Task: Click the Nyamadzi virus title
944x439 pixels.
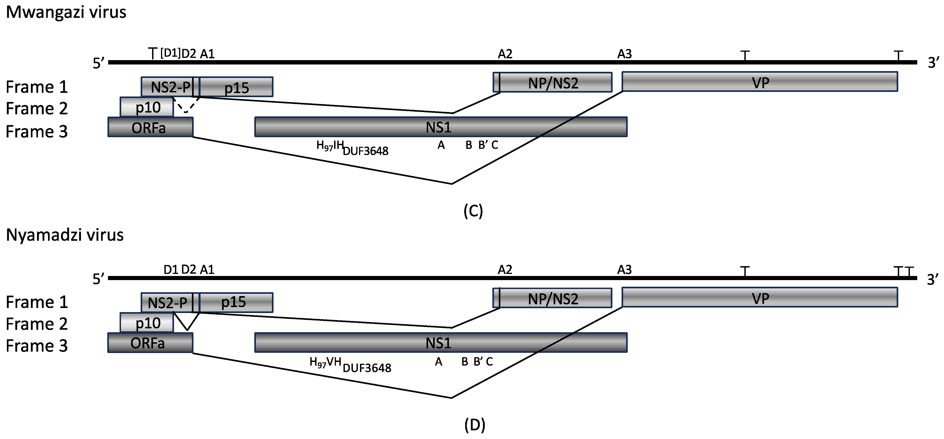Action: pos(65,235)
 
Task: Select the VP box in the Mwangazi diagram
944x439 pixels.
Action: pos(760,82)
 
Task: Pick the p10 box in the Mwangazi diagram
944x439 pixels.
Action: pos(147,107)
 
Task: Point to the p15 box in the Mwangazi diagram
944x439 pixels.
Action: pos(237,87)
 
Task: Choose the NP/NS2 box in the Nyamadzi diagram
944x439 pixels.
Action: pos(553,298)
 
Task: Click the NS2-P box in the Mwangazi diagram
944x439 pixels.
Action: pos(170,87)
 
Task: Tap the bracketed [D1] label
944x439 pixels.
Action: pos(170,54)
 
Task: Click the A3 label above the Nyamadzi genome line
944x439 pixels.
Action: pos(625,270)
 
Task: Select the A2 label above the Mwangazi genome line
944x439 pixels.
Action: pos(505,54)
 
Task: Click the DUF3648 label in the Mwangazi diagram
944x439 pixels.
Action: pos(365,151)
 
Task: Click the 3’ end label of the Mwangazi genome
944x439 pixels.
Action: pos(934,63)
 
